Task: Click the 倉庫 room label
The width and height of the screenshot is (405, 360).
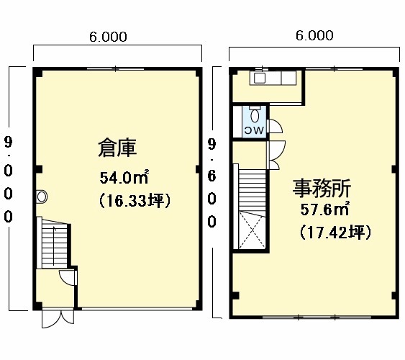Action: coord(117,148)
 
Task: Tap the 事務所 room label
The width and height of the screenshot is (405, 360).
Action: coord(322,188)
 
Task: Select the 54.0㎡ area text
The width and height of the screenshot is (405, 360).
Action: coord(124,177)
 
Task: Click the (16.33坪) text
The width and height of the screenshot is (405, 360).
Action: coord(135,201)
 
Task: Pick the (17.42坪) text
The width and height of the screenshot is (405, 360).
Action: coord(335,232)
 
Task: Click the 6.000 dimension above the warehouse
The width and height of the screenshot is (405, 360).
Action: coord(108,37)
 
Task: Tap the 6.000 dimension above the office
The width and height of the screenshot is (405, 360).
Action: coord(314,35)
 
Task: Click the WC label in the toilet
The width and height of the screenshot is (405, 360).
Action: coord(255,130)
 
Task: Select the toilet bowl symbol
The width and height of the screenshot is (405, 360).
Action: coord(255,115)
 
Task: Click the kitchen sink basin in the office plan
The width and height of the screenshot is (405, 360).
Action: coord(259,78)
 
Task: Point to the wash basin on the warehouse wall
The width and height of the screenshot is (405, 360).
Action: coord(41,197)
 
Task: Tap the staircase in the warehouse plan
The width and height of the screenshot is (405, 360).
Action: coord(53,243)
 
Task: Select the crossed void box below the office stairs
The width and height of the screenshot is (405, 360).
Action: coord(252,230)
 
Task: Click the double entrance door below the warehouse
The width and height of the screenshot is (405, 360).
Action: coord(58,319)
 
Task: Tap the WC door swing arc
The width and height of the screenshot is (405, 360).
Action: coord(276,126)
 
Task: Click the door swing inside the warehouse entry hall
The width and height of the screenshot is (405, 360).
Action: coord(68,277)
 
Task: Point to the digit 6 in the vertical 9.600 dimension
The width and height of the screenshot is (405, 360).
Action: coord(211,176)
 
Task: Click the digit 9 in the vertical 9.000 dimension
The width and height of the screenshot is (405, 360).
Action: coord(8,142)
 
